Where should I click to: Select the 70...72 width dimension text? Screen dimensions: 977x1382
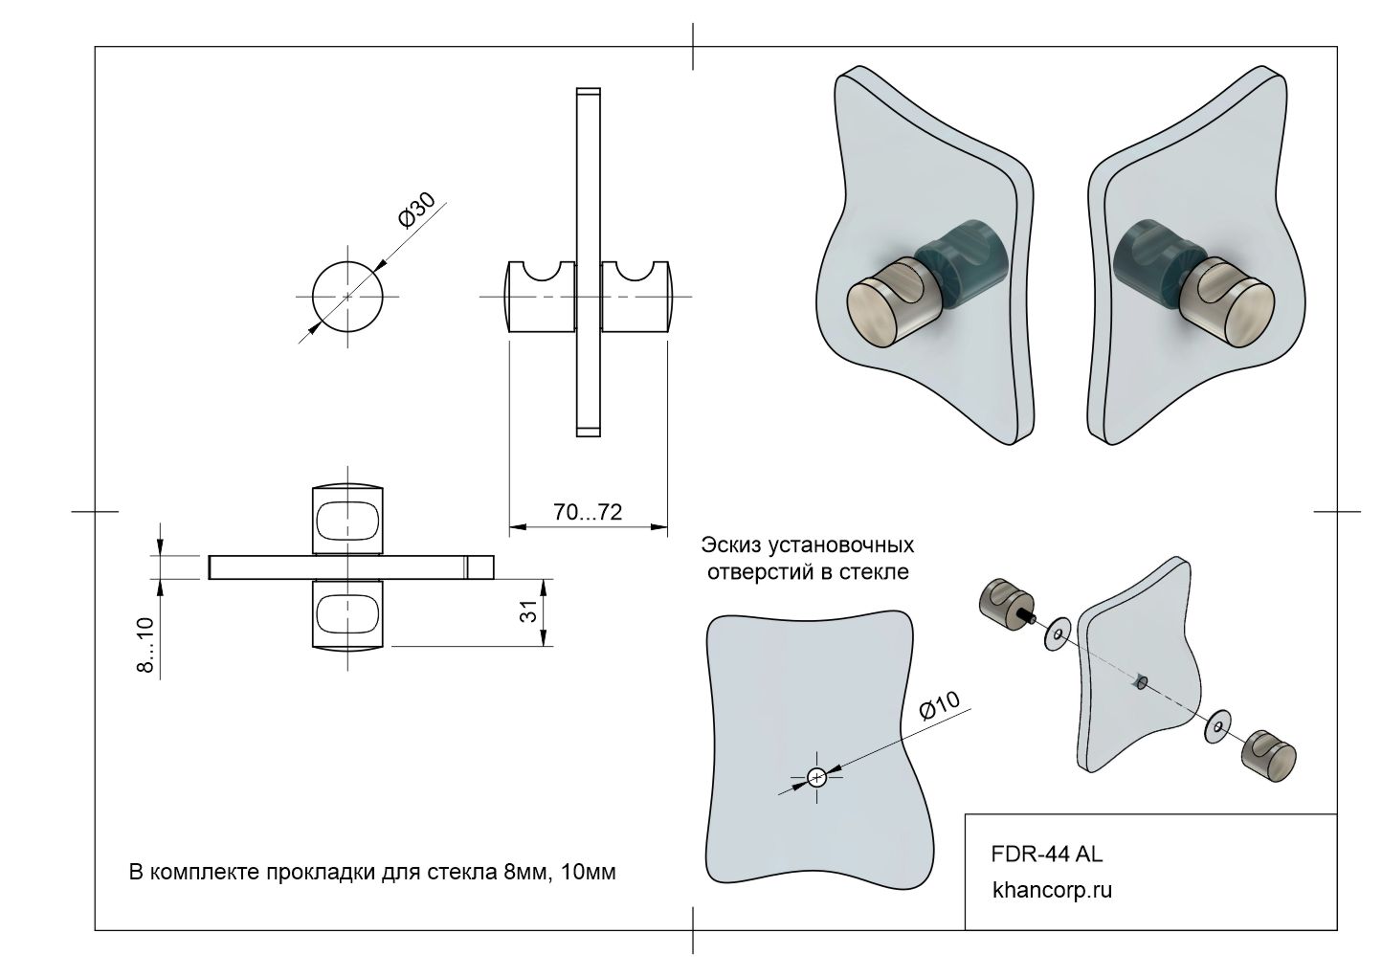(587, 512)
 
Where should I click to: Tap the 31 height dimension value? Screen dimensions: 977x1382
(527, 613)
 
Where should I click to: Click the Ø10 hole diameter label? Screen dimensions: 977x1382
(939, 706)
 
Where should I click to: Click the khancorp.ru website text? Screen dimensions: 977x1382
(1053, 891)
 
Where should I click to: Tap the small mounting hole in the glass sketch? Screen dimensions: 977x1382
(816, 777)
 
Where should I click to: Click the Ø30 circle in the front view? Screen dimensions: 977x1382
(346, 297)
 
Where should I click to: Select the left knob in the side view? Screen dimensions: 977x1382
(539, 298)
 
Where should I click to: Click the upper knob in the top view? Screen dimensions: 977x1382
(349, 518)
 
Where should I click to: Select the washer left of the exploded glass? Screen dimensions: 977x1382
(1058, 634)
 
